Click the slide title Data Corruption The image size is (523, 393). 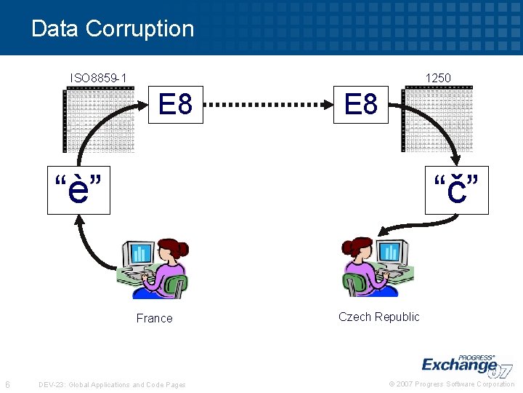pyautogui.click(x=113, y=29)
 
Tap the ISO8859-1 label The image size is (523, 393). pyautogui.click(x=98, y=78)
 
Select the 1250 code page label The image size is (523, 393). pyautogui.click(x=438, y=78)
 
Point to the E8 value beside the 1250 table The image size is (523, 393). pyautogui.click(x=361, y=106)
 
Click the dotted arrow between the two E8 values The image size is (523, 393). pyautogui.click(x=268, y=106)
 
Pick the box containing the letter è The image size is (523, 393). pyautogui.click(x=78, y=191)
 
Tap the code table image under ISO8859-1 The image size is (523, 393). pyautogui.click(x=100, y=120)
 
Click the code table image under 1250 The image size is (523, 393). pyautogui.click(x=437, y=120)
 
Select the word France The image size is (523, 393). pyautogui.click(x=155, y=318)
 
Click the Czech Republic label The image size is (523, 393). pyautogui.click(x=378, y=317)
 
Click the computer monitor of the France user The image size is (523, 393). pyautogui.click(x=139, y=254)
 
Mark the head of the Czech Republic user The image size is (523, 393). pyautogui.click(x=359, y=249)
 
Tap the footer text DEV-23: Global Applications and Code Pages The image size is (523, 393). pyautogui.click(x=112, y=384)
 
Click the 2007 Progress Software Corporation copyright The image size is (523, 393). pyautogui.click(x=452, y=384)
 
